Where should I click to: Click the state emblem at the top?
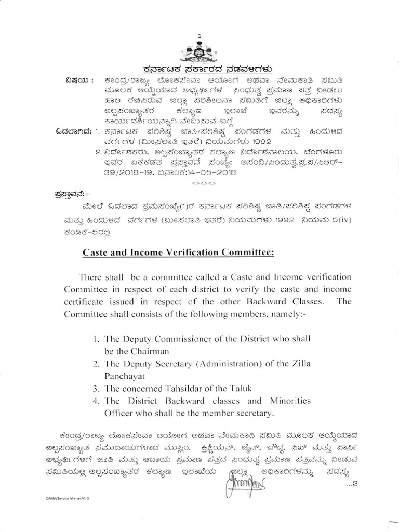(198, 52)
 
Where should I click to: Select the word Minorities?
(288, 401)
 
